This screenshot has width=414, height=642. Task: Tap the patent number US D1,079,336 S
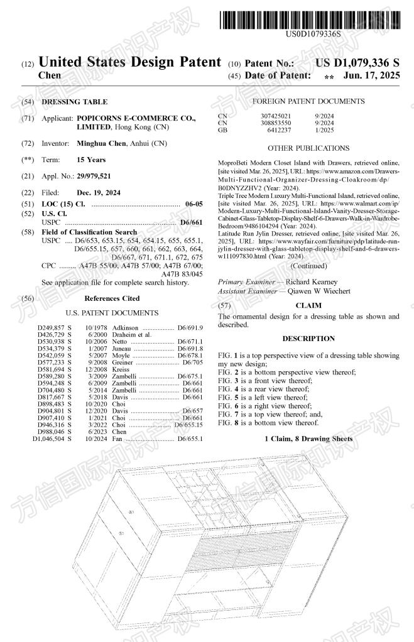coord(357,63)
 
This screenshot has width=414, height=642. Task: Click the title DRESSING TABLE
coord(74,102)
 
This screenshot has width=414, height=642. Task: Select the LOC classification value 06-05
coord(194,204)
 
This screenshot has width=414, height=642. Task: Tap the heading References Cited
coord(112,298)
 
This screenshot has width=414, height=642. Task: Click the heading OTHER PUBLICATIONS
coord(308,148)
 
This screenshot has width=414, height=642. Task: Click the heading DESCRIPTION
coord(308,339)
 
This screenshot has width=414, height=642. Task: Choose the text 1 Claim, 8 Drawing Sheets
coord(308,438)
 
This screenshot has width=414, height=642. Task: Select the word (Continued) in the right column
coord(308,266)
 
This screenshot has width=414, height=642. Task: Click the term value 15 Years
coord(91,160)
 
